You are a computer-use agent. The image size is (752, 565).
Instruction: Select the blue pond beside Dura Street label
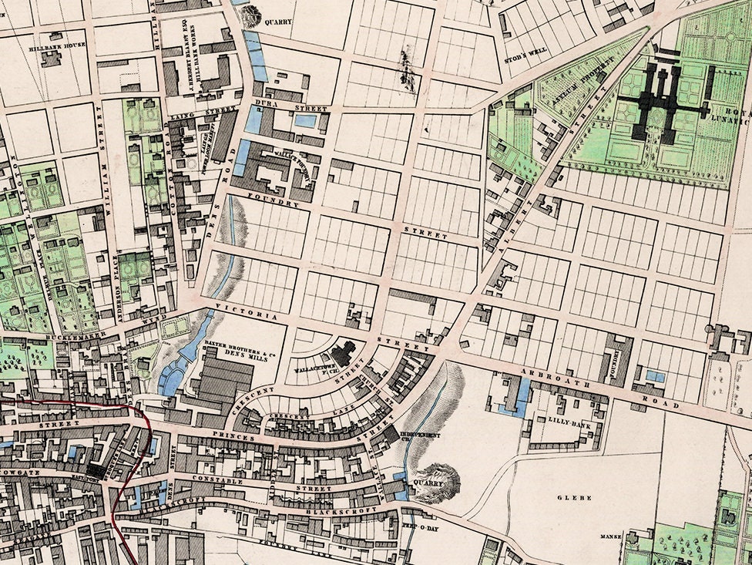point(305,121)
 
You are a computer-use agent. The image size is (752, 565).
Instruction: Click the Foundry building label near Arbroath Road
point(615,362)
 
